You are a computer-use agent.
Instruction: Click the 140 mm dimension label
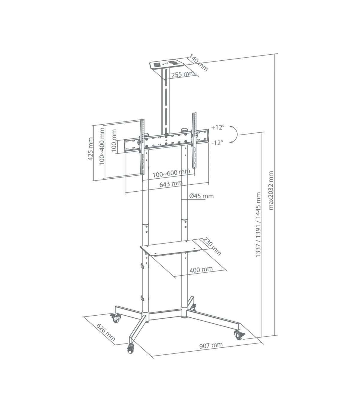click(198, 63)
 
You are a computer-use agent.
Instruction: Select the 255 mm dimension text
click(183, 74)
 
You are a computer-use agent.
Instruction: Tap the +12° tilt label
click(217, 127)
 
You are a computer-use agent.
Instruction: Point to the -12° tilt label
click(217, 143)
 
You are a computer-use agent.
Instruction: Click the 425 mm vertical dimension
click(91, 149)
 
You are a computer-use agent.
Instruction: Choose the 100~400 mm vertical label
click(102, 147)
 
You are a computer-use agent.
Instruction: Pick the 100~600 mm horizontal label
click(171, 173)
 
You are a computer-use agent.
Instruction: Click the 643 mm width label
click(171, 184)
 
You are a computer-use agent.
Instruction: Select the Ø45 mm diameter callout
click(202, 196)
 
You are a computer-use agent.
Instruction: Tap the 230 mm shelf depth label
click(211, 246)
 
